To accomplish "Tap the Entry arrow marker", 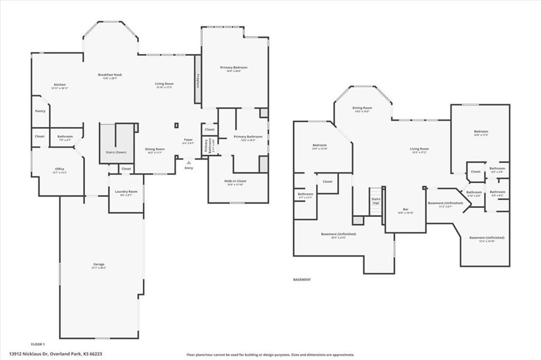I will coord(189,163).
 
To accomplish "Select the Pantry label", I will coord(40,111).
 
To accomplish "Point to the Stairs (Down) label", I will coord(116,152).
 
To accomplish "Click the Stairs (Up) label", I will coord(376,201).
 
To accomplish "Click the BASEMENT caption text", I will coord(302,279).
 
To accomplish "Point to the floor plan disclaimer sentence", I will coord(270,355).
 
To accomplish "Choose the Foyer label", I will coord(188,141).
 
